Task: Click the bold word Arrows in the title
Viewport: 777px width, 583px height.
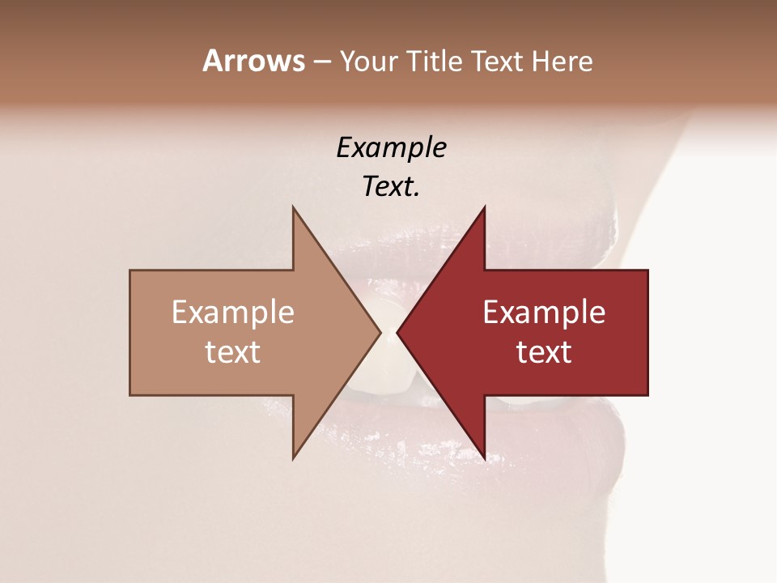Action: coord(253,61)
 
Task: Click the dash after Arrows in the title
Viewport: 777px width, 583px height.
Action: coord(321,62)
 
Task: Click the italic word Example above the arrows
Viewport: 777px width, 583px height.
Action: coord(392,148)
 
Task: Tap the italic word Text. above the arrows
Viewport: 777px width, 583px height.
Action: coord(392,187)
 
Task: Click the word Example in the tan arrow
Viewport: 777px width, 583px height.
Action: coord(233,313)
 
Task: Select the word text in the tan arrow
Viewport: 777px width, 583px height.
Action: coord(233,352)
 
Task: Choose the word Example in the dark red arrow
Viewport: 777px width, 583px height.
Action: coord(544,313)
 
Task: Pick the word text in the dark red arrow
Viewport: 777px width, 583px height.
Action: coord(544,352)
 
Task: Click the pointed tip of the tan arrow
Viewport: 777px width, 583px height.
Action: coord(380,333)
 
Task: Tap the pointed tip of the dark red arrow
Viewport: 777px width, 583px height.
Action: coord(397,333)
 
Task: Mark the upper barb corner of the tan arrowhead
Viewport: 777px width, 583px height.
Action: coord(293,207)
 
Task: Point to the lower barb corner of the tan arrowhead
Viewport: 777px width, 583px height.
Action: coord(293,458)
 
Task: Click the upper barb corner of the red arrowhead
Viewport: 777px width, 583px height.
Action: coord(484,207)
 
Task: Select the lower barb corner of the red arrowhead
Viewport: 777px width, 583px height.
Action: coord(484,458)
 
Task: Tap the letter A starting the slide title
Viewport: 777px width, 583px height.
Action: coord(212,61)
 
